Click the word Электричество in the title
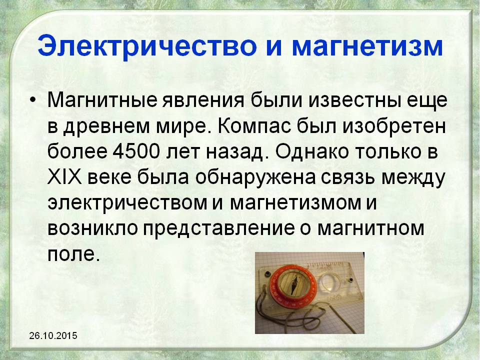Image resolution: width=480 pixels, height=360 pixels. pos(147,46)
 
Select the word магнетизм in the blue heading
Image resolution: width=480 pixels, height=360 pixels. pos(367,47)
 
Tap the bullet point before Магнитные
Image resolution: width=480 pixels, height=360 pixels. pos(33,100)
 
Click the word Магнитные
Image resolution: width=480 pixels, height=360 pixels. pos(102,100)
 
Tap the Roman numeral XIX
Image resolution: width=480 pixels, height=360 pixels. pos(64,177)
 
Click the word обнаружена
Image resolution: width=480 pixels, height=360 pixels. pos(255,178)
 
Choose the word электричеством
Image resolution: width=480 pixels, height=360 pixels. pos(127,203)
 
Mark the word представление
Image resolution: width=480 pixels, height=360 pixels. pos(218,229)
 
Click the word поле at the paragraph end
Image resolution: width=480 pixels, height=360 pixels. pos(74,254)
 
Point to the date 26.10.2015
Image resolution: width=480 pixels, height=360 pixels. pos(53,336)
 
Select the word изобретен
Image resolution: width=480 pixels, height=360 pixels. pos(394,125)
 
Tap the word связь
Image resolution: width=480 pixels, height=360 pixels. pos(348,178)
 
